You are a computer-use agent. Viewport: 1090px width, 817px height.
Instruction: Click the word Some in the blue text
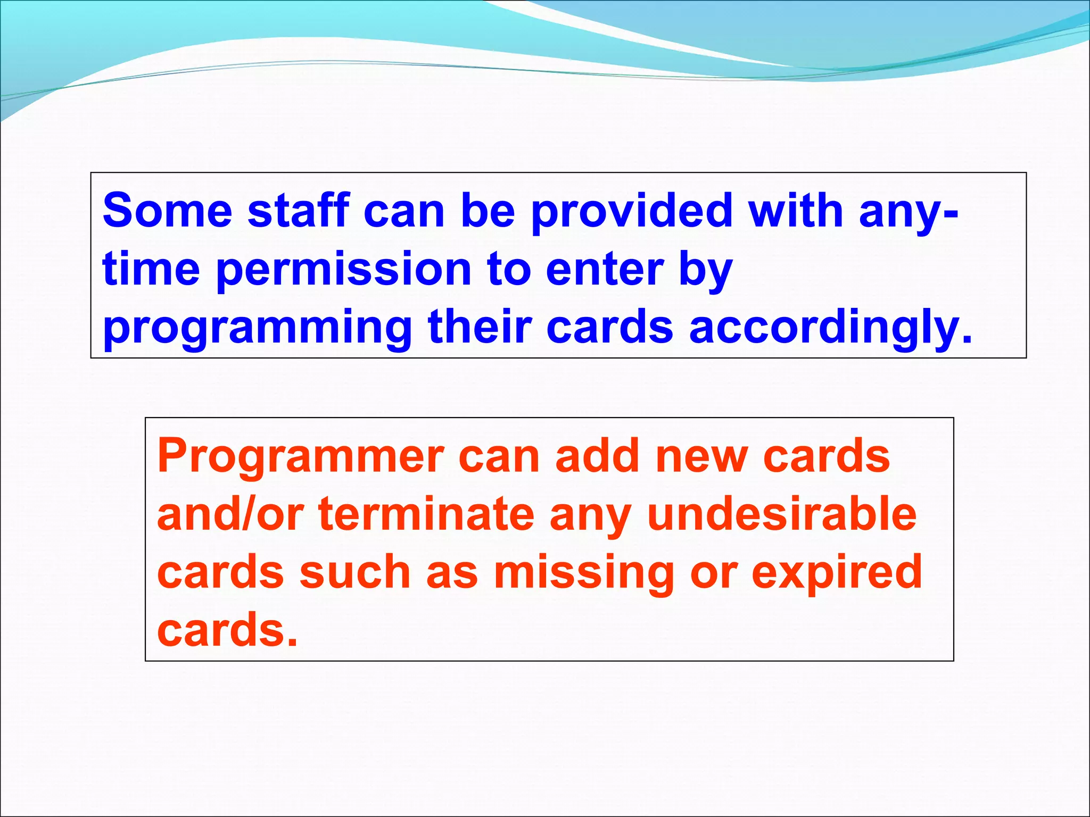[x=167, y=211]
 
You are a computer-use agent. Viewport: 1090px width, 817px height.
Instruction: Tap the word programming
[x=258, y=329]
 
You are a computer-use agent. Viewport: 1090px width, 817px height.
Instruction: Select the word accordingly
[x=830, y=329]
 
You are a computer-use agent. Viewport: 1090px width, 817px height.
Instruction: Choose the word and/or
[x=230, y=514]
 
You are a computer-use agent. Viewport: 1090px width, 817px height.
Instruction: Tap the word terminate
[x=426, y=514]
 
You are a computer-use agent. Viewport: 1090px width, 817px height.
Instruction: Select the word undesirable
[x=782, y=514]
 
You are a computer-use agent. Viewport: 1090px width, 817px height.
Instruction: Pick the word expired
[x=837, y=573]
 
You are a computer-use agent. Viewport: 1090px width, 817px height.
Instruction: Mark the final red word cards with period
[x=227, y=630]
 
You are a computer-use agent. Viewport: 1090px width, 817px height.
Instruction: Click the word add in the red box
[x=597, y=456]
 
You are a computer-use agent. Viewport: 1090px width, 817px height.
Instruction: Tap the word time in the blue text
[x=151, y=270]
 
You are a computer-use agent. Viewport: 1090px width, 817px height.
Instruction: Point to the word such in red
[x=355, y=572]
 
